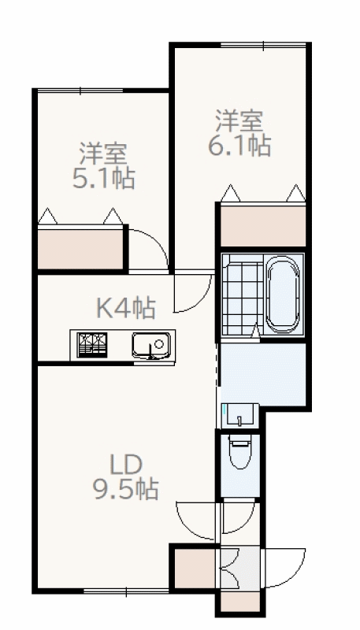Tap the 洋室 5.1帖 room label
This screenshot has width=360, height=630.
coord(103,165)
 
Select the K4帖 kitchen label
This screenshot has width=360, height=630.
coord(126,308)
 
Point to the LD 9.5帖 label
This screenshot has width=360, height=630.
coord(126,477)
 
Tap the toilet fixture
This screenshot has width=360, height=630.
coord(239,450)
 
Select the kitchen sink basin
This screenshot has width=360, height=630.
coord(151,345)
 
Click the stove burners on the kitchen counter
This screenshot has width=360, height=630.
coord(92,344)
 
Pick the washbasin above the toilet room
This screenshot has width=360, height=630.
coord(240,416)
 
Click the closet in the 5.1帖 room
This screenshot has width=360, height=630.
coord(80,249)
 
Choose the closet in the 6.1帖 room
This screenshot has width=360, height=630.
coord(263,226)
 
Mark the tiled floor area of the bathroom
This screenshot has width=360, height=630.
coord(243,294)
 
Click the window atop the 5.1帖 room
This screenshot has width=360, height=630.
coord(80,91)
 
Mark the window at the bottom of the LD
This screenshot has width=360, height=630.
coord(126,591)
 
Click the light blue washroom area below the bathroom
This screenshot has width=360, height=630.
coord(263,374)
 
